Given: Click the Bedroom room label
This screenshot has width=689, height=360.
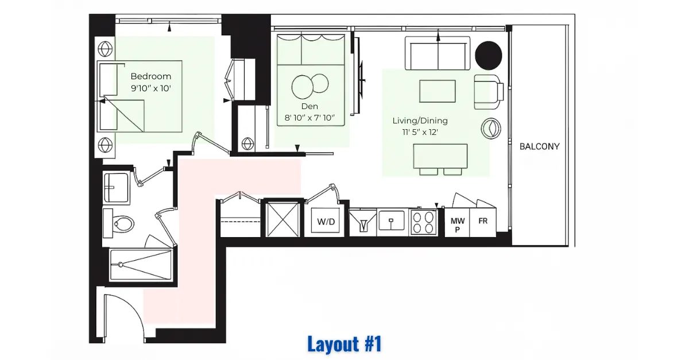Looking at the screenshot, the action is [150, 76].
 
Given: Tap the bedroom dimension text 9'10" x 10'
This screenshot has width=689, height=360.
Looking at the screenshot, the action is [150, 88].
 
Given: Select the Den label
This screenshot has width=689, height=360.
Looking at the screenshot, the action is [309, 106].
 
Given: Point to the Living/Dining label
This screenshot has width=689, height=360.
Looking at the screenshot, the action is [420, 121].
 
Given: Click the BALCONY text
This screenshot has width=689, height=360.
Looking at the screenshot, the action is [539, 146].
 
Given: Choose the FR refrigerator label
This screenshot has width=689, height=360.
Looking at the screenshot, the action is [483, 221].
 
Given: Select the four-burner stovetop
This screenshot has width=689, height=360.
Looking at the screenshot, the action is [423, 223].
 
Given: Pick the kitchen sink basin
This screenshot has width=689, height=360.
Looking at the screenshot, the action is [391, 220].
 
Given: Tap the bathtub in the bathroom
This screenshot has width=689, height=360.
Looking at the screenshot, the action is [141, 265].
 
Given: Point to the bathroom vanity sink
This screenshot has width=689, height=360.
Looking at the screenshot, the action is [116, 187].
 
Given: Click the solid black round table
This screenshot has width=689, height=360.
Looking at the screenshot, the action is [489, 55].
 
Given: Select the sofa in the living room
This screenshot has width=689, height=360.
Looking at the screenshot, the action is [438, 53].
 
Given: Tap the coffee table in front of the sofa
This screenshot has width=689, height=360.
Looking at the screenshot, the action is [438, 91].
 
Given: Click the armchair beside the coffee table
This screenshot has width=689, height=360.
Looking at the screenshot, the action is [489, 92].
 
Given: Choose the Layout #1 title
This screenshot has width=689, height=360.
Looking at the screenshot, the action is [344, 344].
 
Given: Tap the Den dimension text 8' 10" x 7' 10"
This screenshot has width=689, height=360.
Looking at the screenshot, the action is [309, 118].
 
